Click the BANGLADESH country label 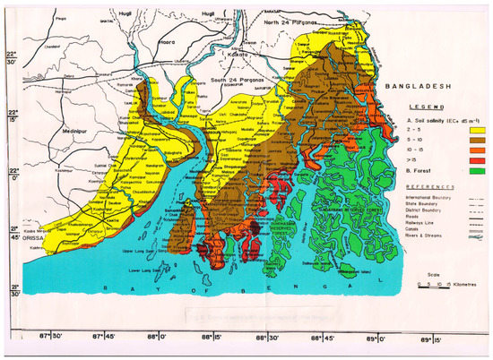419,87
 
